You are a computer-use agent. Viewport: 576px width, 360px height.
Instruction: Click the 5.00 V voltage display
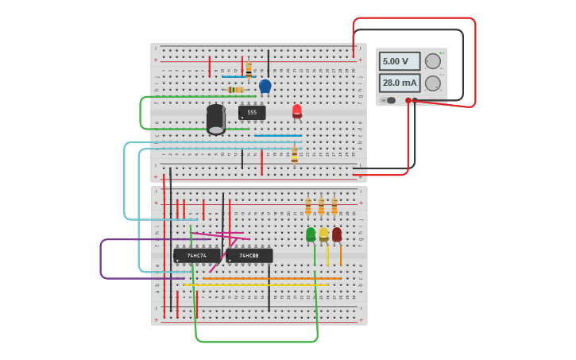click(x=399, y=61)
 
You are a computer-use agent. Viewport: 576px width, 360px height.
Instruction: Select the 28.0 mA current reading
click(x=399, y=83)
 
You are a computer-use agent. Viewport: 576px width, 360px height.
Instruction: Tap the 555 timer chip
click(x=252, y=113)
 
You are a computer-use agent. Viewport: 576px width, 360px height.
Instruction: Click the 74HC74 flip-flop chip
click(x=197, y=256)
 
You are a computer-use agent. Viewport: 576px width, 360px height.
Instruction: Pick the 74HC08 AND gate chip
click(x=249, y=256)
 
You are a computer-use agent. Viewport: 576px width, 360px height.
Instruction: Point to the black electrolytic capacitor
click(x=216, y=118)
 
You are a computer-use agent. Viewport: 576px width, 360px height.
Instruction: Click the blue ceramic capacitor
click(x=265, y=86)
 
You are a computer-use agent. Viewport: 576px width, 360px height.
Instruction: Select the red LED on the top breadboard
click(x=297, y=110)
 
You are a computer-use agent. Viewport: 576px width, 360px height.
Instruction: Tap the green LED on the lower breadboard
click(x=311, y=234)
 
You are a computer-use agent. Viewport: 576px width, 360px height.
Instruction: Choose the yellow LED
click(x=323, y=234)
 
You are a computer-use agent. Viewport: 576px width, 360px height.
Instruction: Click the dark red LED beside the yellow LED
click(x=337, y=234)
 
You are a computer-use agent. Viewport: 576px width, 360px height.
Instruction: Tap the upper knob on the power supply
click(x=433, y=61)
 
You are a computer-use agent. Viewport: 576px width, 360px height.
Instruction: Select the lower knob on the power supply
click(x=433, y=83)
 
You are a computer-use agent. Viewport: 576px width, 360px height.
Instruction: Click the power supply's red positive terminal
click(x=408, y=101)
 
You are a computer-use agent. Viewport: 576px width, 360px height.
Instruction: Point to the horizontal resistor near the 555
click(x=236, y=90)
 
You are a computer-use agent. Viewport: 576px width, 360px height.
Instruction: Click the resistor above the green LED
click(x=308, y=207)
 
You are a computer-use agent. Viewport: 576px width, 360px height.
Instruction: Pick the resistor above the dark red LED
click(x=334, y=207)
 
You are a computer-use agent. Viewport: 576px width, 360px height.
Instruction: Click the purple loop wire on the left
click(x=101, y=259)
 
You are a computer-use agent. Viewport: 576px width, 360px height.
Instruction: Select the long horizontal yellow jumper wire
click(x=254, y=285)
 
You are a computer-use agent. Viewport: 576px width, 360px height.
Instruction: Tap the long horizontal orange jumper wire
click(x=270, y=278)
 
